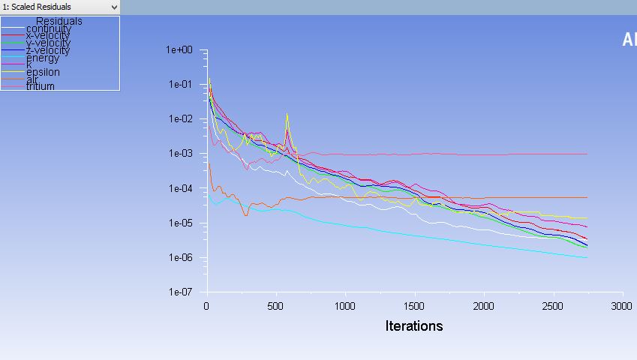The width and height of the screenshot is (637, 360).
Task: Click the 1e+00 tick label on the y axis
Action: coord(179,50)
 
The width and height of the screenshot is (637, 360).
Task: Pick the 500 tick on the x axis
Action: coord(276,306)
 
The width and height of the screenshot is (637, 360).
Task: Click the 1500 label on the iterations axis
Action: coord(414,306)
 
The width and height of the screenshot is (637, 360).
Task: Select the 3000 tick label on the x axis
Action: coord(622,306)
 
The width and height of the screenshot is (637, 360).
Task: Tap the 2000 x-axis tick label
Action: coord(484,306)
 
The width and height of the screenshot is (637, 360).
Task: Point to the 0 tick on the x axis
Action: coord(206,306)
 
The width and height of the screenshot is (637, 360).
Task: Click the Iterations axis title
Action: coord(414,326)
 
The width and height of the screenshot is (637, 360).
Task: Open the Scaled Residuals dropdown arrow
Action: coord(114,7)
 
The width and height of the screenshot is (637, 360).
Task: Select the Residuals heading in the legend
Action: coord(59,21)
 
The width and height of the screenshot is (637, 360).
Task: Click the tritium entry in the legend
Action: coord(41,86)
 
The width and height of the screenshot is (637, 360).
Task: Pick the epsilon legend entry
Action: coord(43,72)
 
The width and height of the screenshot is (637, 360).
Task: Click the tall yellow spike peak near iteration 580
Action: coord(287,114)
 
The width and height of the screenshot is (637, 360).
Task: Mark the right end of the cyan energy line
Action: coord(587,258)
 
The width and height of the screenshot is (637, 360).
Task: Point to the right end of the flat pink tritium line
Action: coord(587,154)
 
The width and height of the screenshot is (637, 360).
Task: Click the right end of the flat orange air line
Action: coord(587,197)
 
